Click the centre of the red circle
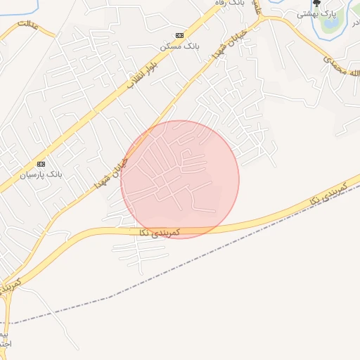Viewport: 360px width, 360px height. tap(180, 179)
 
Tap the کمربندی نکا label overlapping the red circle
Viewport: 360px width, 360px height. tap(160, 232)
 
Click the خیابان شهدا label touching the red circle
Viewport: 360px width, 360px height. tap(112, 173)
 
